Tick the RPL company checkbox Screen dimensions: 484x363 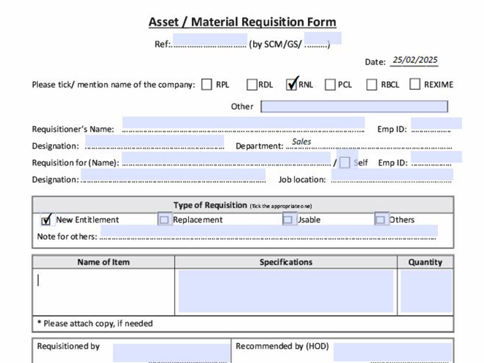(x=207, y=84)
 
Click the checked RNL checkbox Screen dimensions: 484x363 (x=291, y=84)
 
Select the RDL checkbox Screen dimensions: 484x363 (x=252, y=84)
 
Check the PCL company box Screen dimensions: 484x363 (x=330, y=84)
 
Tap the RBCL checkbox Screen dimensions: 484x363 (x=372, y=84)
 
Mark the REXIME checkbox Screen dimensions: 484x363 (x=415, y=84)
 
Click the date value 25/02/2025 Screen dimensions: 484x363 (x=415, y=60)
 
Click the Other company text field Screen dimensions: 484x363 (x=354, y=106)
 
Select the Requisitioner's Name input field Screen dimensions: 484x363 (x=243, y=123)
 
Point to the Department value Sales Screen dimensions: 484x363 (x=302, y=142)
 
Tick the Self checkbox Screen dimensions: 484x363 (x=345, y=162)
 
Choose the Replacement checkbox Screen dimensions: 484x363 (x=164, y=219)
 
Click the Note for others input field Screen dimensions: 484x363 (x=269, y=231)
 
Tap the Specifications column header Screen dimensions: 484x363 (x=286, y=262)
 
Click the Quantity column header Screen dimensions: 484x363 (x=425, y=262)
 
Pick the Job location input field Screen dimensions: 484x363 (x=392, y=174)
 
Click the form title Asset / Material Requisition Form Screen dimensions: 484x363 (x=242, y=22)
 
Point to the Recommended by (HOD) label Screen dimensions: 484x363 (x=282, y=347)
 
